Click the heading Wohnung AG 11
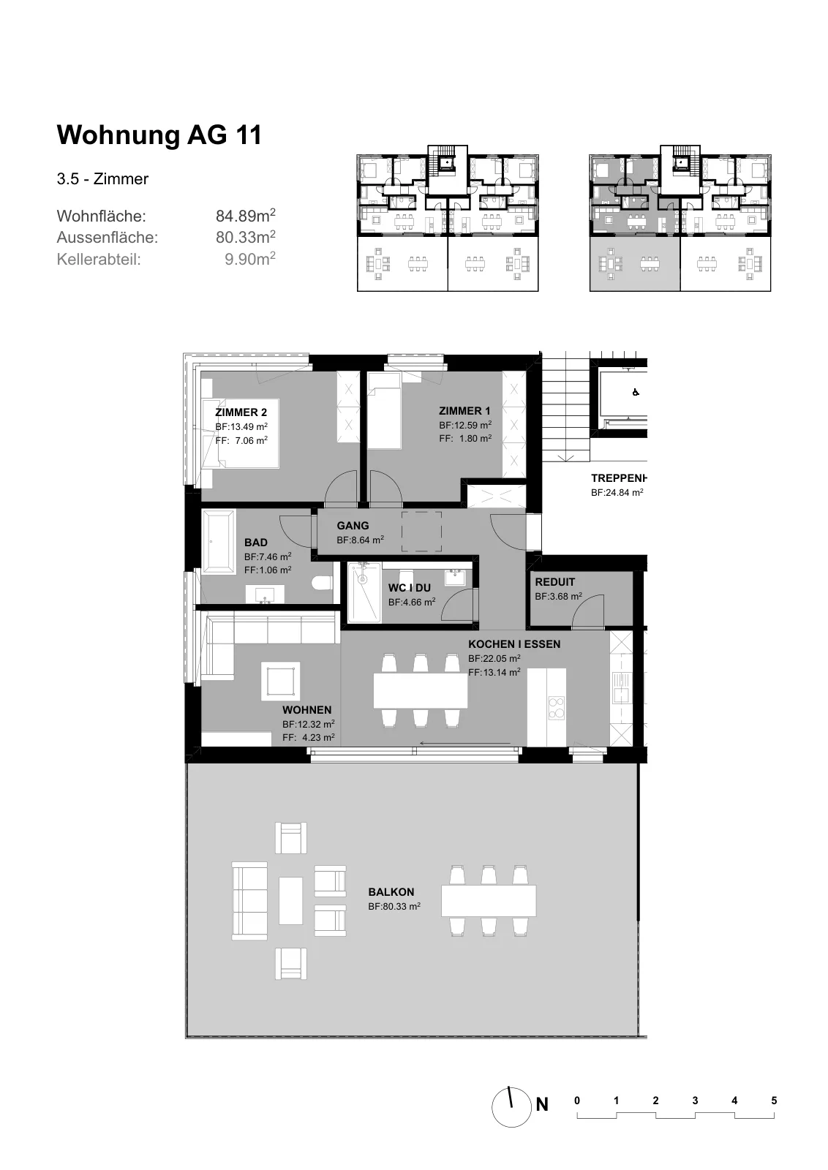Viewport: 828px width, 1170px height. click(159, 135)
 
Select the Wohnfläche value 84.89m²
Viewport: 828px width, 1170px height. click(246, 215)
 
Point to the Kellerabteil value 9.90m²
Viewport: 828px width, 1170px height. click(249, 259)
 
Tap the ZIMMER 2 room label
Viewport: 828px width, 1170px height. click(241, 412)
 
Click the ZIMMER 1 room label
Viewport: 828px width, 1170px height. click(464, 411)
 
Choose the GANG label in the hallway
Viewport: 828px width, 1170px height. click(353, 526)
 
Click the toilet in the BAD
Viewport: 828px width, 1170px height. click(323, 583)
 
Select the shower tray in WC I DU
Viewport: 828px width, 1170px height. click(364, 593)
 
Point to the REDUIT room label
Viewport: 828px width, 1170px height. click(554, 582)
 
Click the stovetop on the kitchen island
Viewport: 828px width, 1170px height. click(557, 709)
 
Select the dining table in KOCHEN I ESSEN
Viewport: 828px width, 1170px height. click(421, 690)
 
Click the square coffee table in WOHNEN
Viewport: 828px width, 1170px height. click(281, 681)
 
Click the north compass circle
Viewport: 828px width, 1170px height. click(511, 1107)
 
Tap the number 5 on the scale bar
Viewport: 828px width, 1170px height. click(774, 1101)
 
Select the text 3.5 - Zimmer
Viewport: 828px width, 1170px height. click(102, 179)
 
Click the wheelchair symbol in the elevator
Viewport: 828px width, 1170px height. click(635, 392)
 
